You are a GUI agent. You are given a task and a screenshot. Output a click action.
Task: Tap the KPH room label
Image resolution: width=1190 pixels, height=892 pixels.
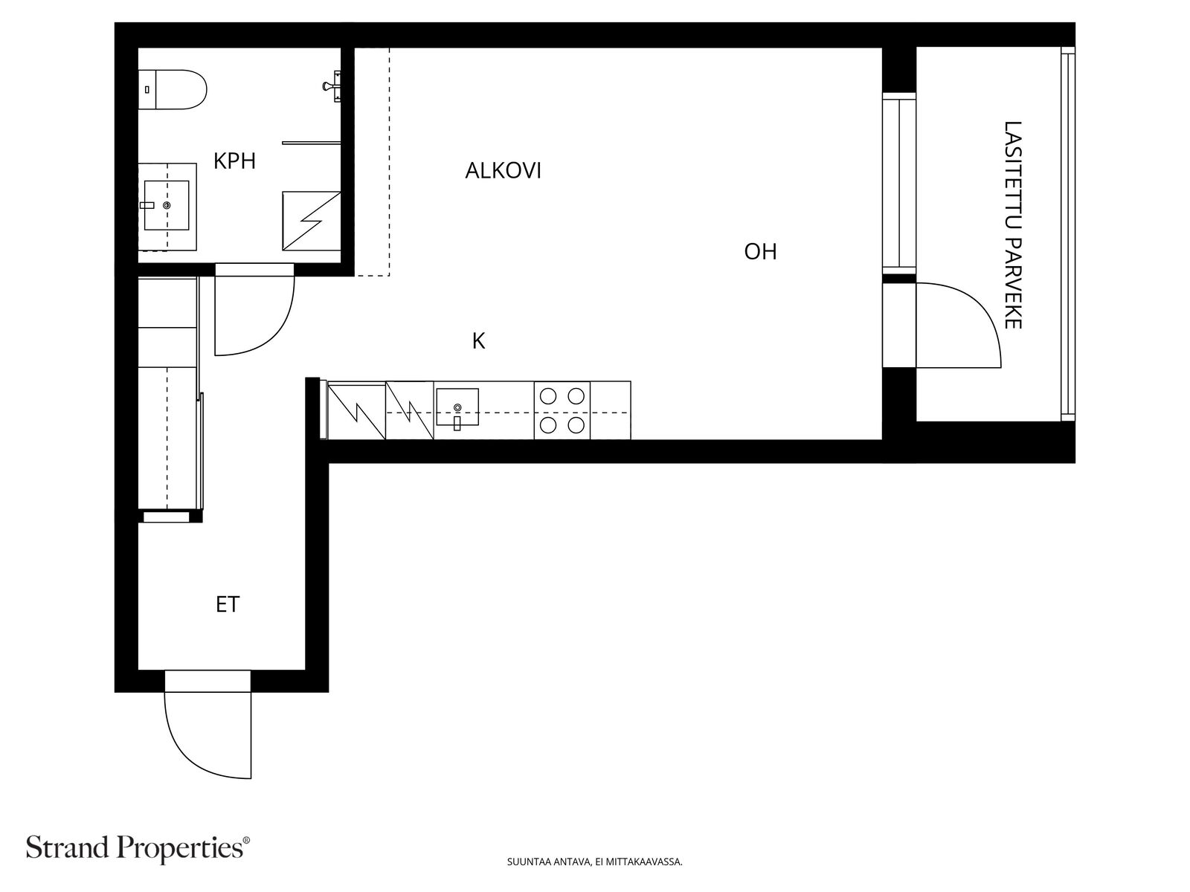coord(234,161)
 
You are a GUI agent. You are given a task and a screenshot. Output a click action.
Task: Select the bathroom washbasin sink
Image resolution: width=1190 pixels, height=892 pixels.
coord(167,205)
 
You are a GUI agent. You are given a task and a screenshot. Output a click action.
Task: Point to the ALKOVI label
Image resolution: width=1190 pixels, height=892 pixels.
coord(503,171)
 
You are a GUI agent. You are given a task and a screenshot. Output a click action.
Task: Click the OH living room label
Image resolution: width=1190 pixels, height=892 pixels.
coord(760,252)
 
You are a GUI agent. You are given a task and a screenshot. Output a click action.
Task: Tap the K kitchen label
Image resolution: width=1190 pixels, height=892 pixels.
coord(478,341)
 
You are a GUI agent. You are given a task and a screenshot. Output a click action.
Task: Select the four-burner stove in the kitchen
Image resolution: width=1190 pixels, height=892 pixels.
coord(562,410)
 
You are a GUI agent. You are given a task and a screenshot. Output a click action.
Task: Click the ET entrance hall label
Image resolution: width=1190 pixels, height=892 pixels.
coord(228,605)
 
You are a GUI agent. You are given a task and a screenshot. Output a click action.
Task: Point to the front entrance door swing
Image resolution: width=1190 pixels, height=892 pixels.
coord(208,736)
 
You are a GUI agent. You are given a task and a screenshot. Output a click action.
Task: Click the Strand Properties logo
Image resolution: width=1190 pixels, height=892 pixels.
coord(138,848)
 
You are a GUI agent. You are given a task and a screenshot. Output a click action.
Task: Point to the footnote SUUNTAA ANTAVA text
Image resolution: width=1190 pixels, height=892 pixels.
coord(594,863)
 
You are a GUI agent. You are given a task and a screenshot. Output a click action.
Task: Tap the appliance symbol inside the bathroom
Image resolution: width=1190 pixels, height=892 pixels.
coord(312,221)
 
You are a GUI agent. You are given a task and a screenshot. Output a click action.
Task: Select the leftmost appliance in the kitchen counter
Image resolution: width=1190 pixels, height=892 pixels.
coord(356,410)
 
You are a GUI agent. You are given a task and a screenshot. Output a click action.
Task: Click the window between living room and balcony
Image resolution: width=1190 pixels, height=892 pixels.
coord(899,182)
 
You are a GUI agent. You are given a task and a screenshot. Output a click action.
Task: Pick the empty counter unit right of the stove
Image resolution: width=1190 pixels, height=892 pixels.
coord(611,410)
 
